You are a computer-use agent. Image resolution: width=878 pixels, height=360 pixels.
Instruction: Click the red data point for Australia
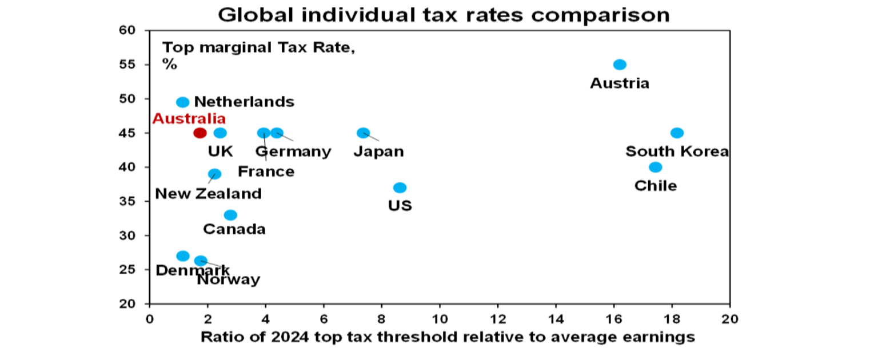199,133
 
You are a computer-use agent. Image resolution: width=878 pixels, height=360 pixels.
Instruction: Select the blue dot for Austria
620,65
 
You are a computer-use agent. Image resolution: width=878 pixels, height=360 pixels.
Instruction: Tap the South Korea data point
677,133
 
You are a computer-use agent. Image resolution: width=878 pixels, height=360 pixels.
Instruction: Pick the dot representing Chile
656,167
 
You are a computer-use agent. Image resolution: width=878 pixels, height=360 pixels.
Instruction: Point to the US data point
400,188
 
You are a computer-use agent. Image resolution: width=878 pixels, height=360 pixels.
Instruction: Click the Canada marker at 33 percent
230,215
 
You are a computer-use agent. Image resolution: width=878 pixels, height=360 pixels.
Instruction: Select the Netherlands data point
182,102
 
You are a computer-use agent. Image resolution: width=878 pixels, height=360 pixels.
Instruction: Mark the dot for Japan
363,133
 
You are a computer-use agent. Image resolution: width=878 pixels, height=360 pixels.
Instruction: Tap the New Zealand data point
214,174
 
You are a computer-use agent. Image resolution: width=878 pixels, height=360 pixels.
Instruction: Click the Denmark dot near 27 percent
182,256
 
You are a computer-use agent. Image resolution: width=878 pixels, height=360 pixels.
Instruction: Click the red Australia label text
189,119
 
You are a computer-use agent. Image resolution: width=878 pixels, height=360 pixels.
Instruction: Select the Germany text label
293,151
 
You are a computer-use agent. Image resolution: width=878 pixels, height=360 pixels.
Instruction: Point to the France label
266,171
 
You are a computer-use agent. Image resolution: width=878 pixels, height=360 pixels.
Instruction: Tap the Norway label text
229,280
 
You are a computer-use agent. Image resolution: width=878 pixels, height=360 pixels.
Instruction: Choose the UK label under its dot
220,151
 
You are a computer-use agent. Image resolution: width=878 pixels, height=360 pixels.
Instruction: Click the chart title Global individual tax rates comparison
443,14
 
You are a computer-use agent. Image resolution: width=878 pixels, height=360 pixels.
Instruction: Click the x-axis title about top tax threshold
448,337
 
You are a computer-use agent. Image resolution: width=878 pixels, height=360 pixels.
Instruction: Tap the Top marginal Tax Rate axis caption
258,49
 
